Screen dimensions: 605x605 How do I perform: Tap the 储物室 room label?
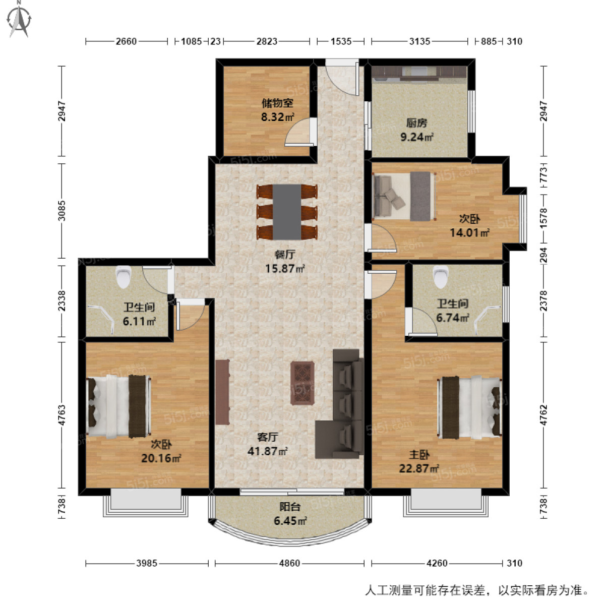click(277, 110)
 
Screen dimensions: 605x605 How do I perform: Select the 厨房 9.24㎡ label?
click(416, 130)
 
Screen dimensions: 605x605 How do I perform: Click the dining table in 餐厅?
click(287, 212)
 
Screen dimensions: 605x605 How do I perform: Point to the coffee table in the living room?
click(303, 383)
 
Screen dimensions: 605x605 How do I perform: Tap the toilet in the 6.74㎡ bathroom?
click(441, 275)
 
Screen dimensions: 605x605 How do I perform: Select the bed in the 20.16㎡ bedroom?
click(119, 406)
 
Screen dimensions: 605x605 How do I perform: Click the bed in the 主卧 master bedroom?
click(470, 407)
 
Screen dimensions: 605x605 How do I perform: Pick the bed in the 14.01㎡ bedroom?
click(404, 197)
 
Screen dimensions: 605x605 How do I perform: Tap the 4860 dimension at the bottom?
click(289, 563)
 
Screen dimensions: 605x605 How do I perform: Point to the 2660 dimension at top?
click(126, 41)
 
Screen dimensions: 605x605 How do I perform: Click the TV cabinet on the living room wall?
click(222, 392)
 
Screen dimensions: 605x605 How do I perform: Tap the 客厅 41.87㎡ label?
click(268, 444)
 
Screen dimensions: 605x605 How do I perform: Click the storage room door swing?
click(300, 133)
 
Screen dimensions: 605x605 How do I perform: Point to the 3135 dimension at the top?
click(419, 41)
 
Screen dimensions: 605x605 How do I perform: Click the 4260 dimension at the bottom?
click(437, 563)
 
